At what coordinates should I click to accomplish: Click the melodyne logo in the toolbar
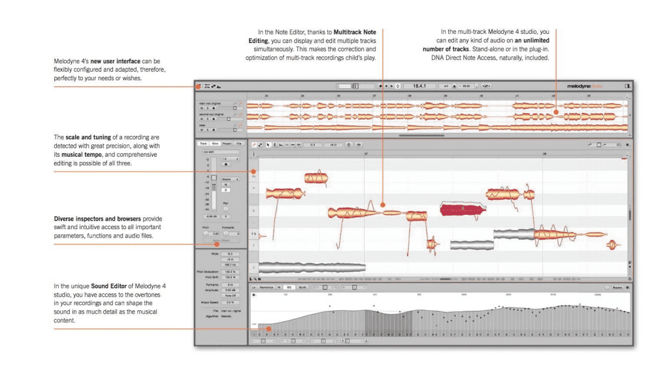[587, 86]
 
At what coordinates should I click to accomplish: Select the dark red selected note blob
[463, 209]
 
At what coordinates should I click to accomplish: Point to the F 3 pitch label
[253, 233]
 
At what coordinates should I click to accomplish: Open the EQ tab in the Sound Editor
[289, 287]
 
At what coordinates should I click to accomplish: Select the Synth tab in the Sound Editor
[302, 287]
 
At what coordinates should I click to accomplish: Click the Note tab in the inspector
[215, 143]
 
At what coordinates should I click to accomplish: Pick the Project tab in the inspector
[226, 143]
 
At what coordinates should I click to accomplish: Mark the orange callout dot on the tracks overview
[556, 112]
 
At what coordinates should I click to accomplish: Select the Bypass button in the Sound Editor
[616, 287]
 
